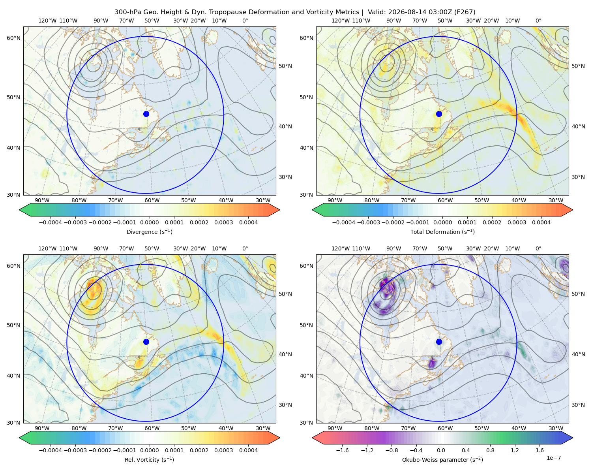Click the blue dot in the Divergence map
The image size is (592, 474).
pos(146,114)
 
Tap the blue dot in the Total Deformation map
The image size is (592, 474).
pos(439,114)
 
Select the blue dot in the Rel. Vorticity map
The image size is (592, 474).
pos(146,342)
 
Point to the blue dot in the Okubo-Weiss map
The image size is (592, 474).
pos(439,342)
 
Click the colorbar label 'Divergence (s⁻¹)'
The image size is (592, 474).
pos(149,232)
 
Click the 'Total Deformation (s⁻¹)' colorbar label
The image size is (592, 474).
pos(442,232)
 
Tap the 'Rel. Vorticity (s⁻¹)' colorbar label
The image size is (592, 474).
pos(149,460)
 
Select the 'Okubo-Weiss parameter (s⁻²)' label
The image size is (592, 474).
pos(442,460)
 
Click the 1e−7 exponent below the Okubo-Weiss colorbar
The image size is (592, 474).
pos(553,458)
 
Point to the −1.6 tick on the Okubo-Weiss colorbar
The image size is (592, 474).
pos(343,450)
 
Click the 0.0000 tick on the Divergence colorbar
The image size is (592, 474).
pos(149,222)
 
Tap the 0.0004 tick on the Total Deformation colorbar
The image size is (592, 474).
pos(541,222)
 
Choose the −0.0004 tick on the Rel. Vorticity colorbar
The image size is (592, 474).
pos(51,450)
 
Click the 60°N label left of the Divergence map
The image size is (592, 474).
pos(13,38)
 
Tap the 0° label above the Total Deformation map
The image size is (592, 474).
pos(538,21)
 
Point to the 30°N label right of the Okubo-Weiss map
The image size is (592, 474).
pos(578,405)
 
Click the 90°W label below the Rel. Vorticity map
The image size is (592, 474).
pos(42,428)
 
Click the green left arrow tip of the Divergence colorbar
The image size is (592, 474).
pos(19,210)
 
